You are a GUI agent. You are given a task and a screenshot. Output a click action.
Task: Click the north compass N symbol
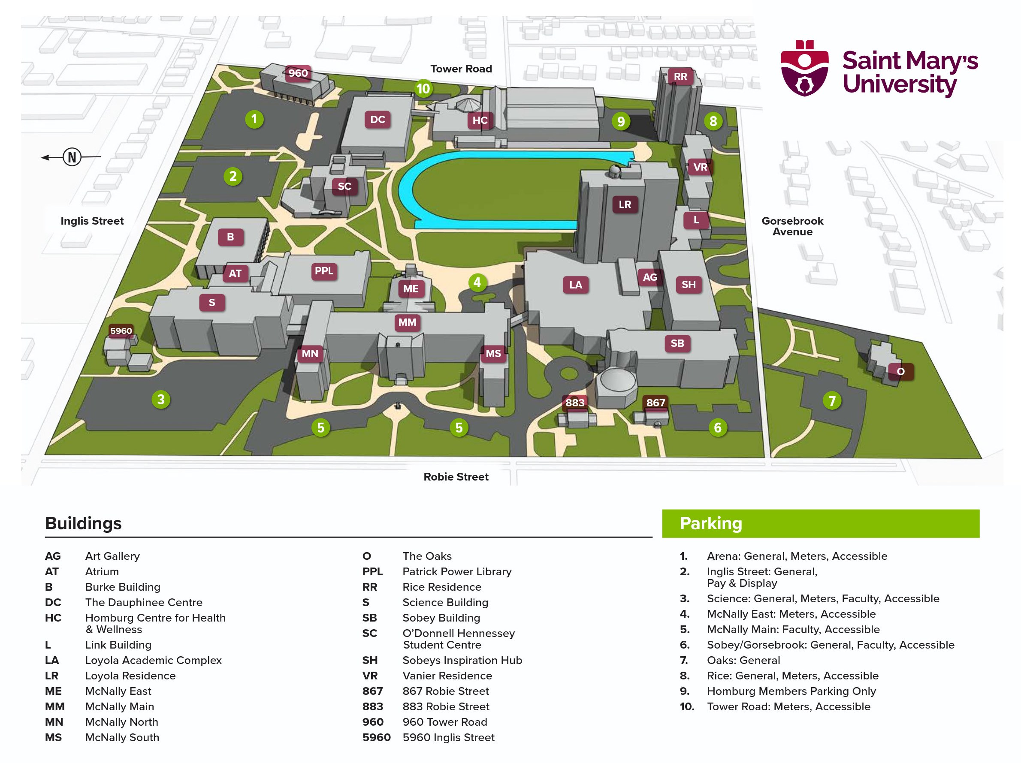tap(72, 157)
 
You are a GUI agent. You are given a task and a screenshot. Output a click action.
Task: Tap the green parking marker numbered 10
tap(423, 89)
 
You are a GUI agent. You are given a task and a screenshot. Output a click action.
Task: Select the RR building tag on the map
tap(680, 77)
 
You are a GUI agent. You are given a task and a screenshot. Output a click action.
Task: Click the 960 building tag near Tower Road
tap(298, 73)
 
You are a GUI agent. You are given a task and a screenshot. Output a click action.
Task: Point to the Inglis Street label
tap(92, 221)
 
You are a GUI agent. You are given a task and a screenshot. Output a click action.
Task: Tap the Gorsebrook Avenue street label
tap(792, 226)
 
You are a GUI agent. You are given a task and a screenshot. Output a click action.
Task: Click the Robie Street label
tap(456, 477)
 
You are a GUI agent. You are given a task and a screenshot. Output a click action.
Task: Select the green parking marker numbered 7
tap(832, 401)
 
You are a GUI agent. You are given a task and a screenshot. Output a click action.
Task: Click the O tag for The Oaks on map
tap(900, 372)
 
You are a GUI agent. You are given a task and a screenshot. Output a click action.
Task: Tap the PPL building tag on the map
tap(323, 271)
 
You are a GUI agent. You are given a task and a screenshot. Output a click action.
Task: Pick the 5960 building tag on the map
tap(121, 331)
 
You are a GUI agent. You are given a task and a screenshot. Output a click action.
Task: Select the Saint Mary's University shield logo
tap(804, 68)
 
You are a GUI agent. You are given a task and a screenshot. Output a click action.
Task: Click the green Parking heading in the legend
tap(711, 523)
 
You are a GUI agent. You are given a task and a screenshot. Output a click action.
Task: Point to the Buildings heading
tap(84, 523)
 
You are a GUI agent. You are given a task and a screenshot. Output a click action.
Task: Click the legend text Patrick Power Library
tap(456, 571)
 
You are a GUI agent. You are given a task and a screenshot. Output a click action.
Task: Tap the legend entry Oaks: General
tap(743, 660)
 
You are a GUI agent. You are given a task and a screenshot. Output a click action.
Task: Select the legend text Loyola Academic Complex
tap(153, 660)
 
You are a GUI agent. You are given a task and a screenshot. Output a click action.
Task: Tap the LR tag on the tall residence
tap(625, 204)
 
